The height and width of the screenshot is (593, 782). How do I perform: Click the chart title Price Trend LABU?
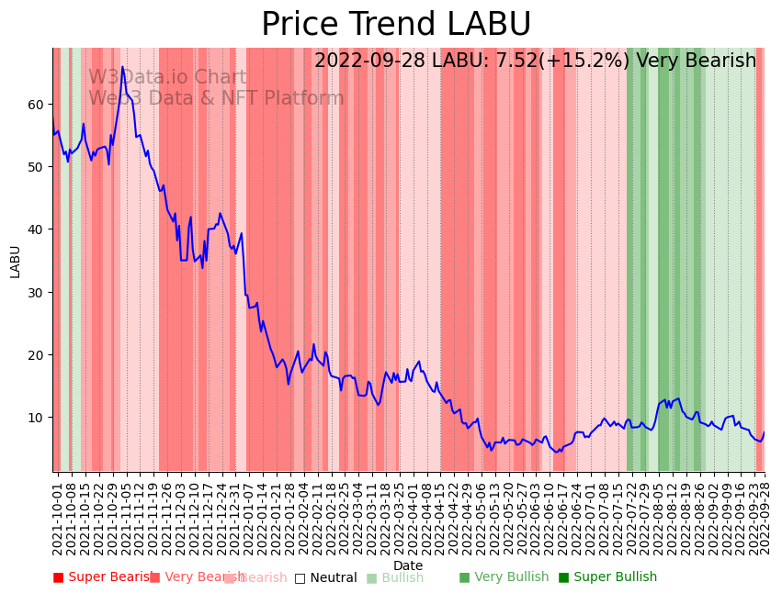pos(396,25)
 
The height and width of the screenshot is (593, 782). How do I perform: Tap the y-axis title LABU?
pos(15,261)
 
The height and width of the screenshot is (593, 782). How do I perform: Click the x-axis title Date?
pos(408,566)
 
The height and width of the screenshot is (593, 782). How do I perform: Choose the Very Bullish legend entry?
pos(504,577)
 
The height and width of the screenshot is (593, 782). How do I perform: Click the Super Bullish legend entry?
pos(607,577)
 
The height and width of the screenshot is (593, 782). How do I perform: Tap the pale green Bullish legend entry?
pos(395,577)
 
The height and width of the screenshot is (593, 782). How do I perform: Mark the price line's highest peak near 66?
pos(122,66)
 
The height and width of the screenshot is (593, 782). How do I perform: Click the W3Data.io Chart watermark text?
pos(167,78)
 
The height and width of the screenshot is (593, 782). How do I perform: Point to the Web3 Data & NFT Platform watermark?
pos(216,98)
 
